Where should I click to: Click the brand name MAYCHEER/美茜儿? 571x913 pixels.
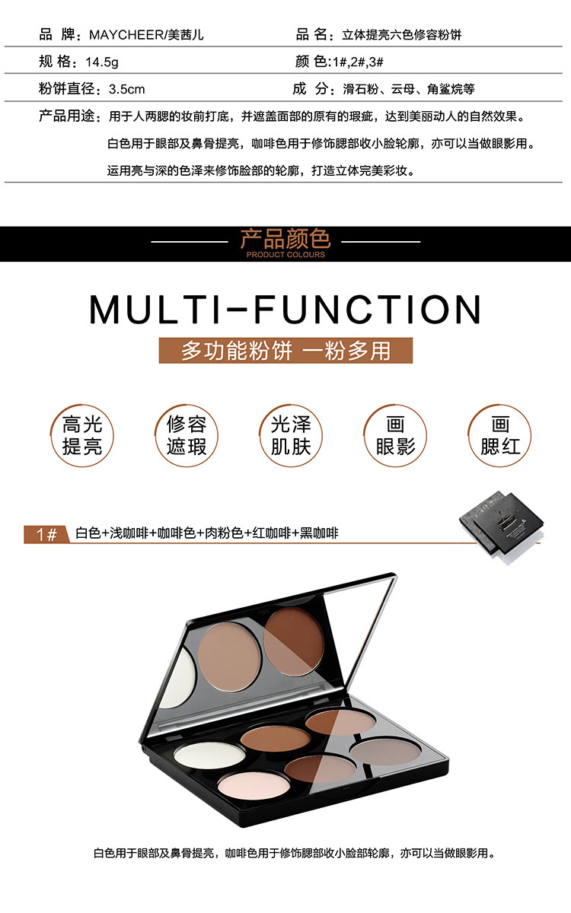[146, 35]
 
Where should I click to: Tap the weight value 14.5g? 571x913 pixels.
[102, 62]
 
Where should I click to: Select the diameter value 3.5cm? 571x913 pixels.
[127, 89]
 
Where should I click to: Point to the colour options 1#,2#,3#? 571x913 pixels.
[358, 62]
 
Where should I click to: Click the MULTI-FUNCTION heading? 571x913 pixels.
[285, 310]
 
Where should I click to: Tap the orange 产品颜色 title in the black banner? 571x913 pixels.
[285, 239]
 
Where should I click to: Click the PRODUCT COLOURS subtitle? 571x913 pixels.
[285, 255]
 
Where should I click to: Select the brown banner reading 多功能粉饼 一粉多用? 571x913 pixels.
[285, 351]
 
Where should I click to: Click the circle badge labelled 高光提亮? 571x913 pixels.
[82, 436]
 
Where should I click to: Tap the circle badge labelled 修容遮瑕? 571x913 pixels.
[187, 436]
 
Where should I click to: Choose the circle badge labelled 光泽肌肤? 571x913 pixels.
[291, 436]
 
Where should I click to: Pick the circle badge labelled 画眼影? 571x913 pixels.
[395, 436]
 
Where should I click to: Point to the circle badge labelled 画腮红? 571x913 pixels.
[499, 436]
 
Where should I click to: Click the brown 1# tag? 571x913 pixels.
[46, 534]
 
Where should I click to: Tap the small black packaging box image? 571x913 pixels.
[502, 526]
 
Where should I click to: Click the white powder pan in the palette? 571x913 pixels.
[209, 755]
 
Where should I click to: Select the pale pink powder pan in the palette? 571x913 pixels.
[254, 785]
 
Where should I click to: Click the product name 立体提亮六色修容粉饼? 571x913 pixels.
[402, 35]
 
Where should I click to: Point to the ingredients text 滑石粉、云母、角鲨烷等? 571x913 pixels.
[409, 89]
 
